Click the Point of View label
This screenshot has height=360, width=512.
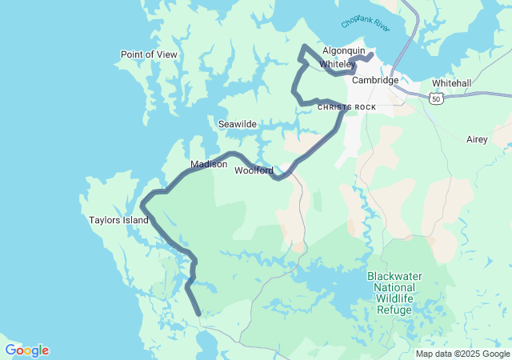149,54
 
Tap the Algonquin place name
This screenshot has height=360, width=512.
343,50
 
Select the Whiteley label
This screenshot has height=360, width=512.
337,64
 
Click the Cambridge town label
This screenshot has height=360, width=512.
375,80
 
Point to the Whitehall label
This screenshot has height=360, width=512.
451,83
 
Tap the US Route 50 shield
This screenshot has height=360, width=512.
435,97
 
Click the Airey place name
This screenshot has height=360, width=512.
477,139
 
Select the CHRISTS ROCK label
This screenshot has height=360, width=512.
346,107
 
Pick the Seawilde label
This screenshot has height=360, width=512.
238,124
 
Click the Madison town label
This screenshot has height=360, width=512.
209,165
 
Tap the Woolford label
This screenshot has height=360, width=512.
254,170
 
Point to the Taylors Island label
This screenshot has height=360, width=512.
119,220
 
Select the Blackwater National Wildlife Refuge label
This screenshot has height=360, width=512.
394,293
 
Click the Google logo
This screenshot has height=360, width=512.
26,350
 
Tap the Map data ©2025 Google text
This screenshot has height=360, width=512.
462,354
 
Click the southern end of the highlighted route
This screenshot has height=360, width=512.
198,314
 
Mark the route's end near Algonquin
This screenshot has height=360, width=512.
372,54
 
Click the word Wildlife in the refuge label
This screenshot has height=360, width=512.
394,298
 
